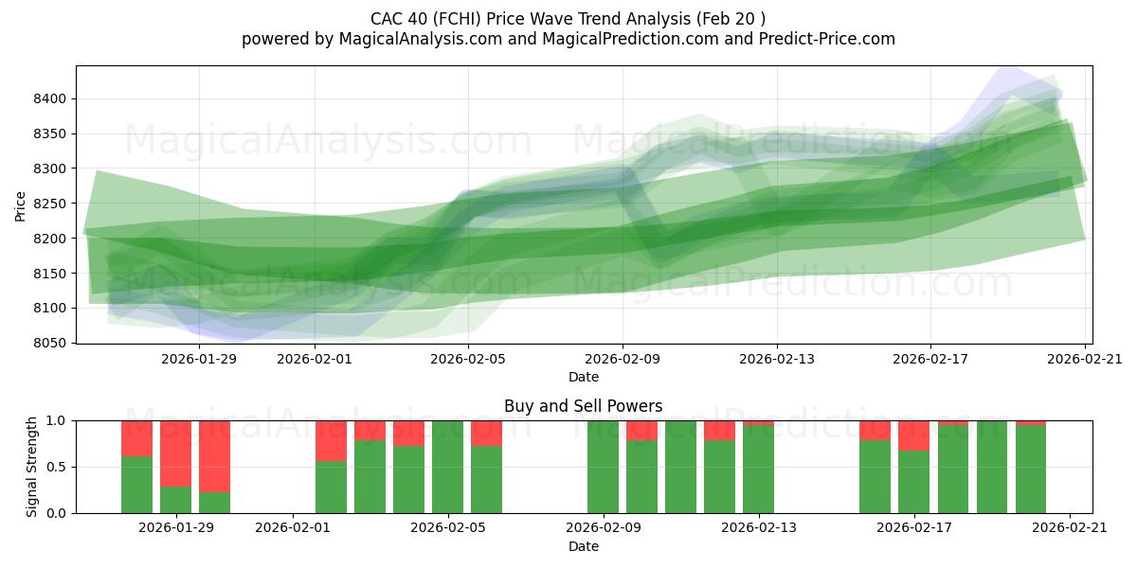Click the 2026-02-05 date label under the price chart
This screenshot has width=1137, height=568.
pos(468,359)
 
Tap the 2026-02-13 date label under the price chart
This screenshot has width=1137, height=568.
pos(776,359)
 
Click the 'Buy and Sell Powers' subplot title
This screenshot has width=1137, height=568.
pos(583,406)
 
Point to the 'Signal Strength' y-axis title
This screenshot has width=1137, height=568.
pos(32,467)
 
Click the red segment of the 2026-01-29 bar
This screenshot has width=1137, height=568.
pos(175,453)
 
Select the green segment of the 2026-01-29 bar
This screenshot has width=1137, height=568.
pos(175,500)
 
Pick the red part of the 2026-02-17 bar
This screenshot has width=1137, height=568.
pos(913,435)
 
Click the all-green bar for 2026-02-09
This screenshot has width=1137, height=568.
pos(603,467)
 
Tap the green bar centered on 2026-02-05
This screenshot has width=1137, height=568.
pos(447,467)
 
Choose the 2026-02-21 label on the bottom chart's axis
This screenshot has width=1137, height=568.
pos(1069,528)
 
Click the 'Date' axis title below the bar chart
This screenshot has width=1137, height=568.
pos(583,546)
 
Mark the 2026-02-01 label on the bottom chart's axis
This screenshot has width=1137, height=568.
pos(293,528)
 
